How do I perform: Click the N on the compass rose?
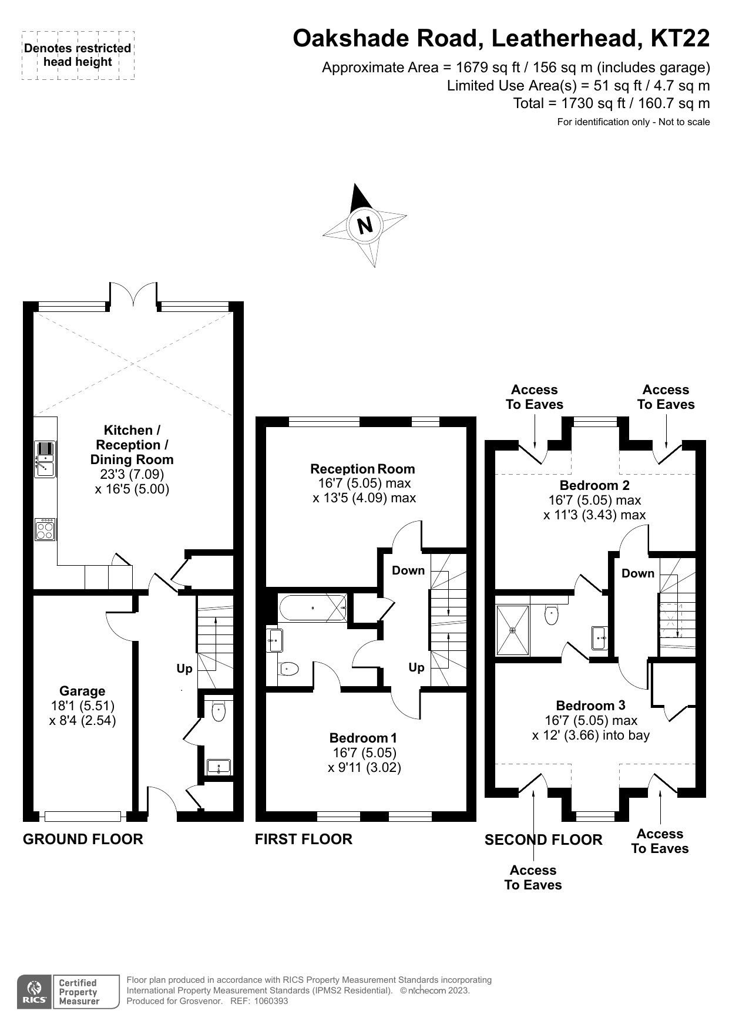(365, 226)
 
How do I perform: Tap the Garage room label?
(82, 691)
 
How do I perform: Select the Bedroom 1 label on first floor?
(364, 738)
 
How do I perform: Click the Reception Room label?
(362, 469)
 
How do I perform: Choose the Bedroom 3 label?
(590, 705)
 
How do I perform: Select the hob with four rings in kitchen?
(45, 530)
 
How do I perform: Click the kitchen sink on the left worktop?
(45, 459)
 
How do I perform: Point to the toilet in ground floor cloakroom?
(219, 713)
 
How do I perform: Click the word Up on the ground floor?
(184, 669)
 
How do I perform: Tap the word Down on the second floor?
(637, 573)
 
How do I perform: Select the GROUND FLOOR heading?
(83, 839)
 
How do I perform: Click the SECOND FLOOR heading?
(543, 840)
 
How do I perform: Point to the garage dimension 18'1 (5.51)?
(82, 706)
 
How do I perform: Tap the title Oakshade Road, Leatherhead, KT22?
(501, 39)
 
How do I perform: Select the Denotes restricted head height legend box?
(78, 55)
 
